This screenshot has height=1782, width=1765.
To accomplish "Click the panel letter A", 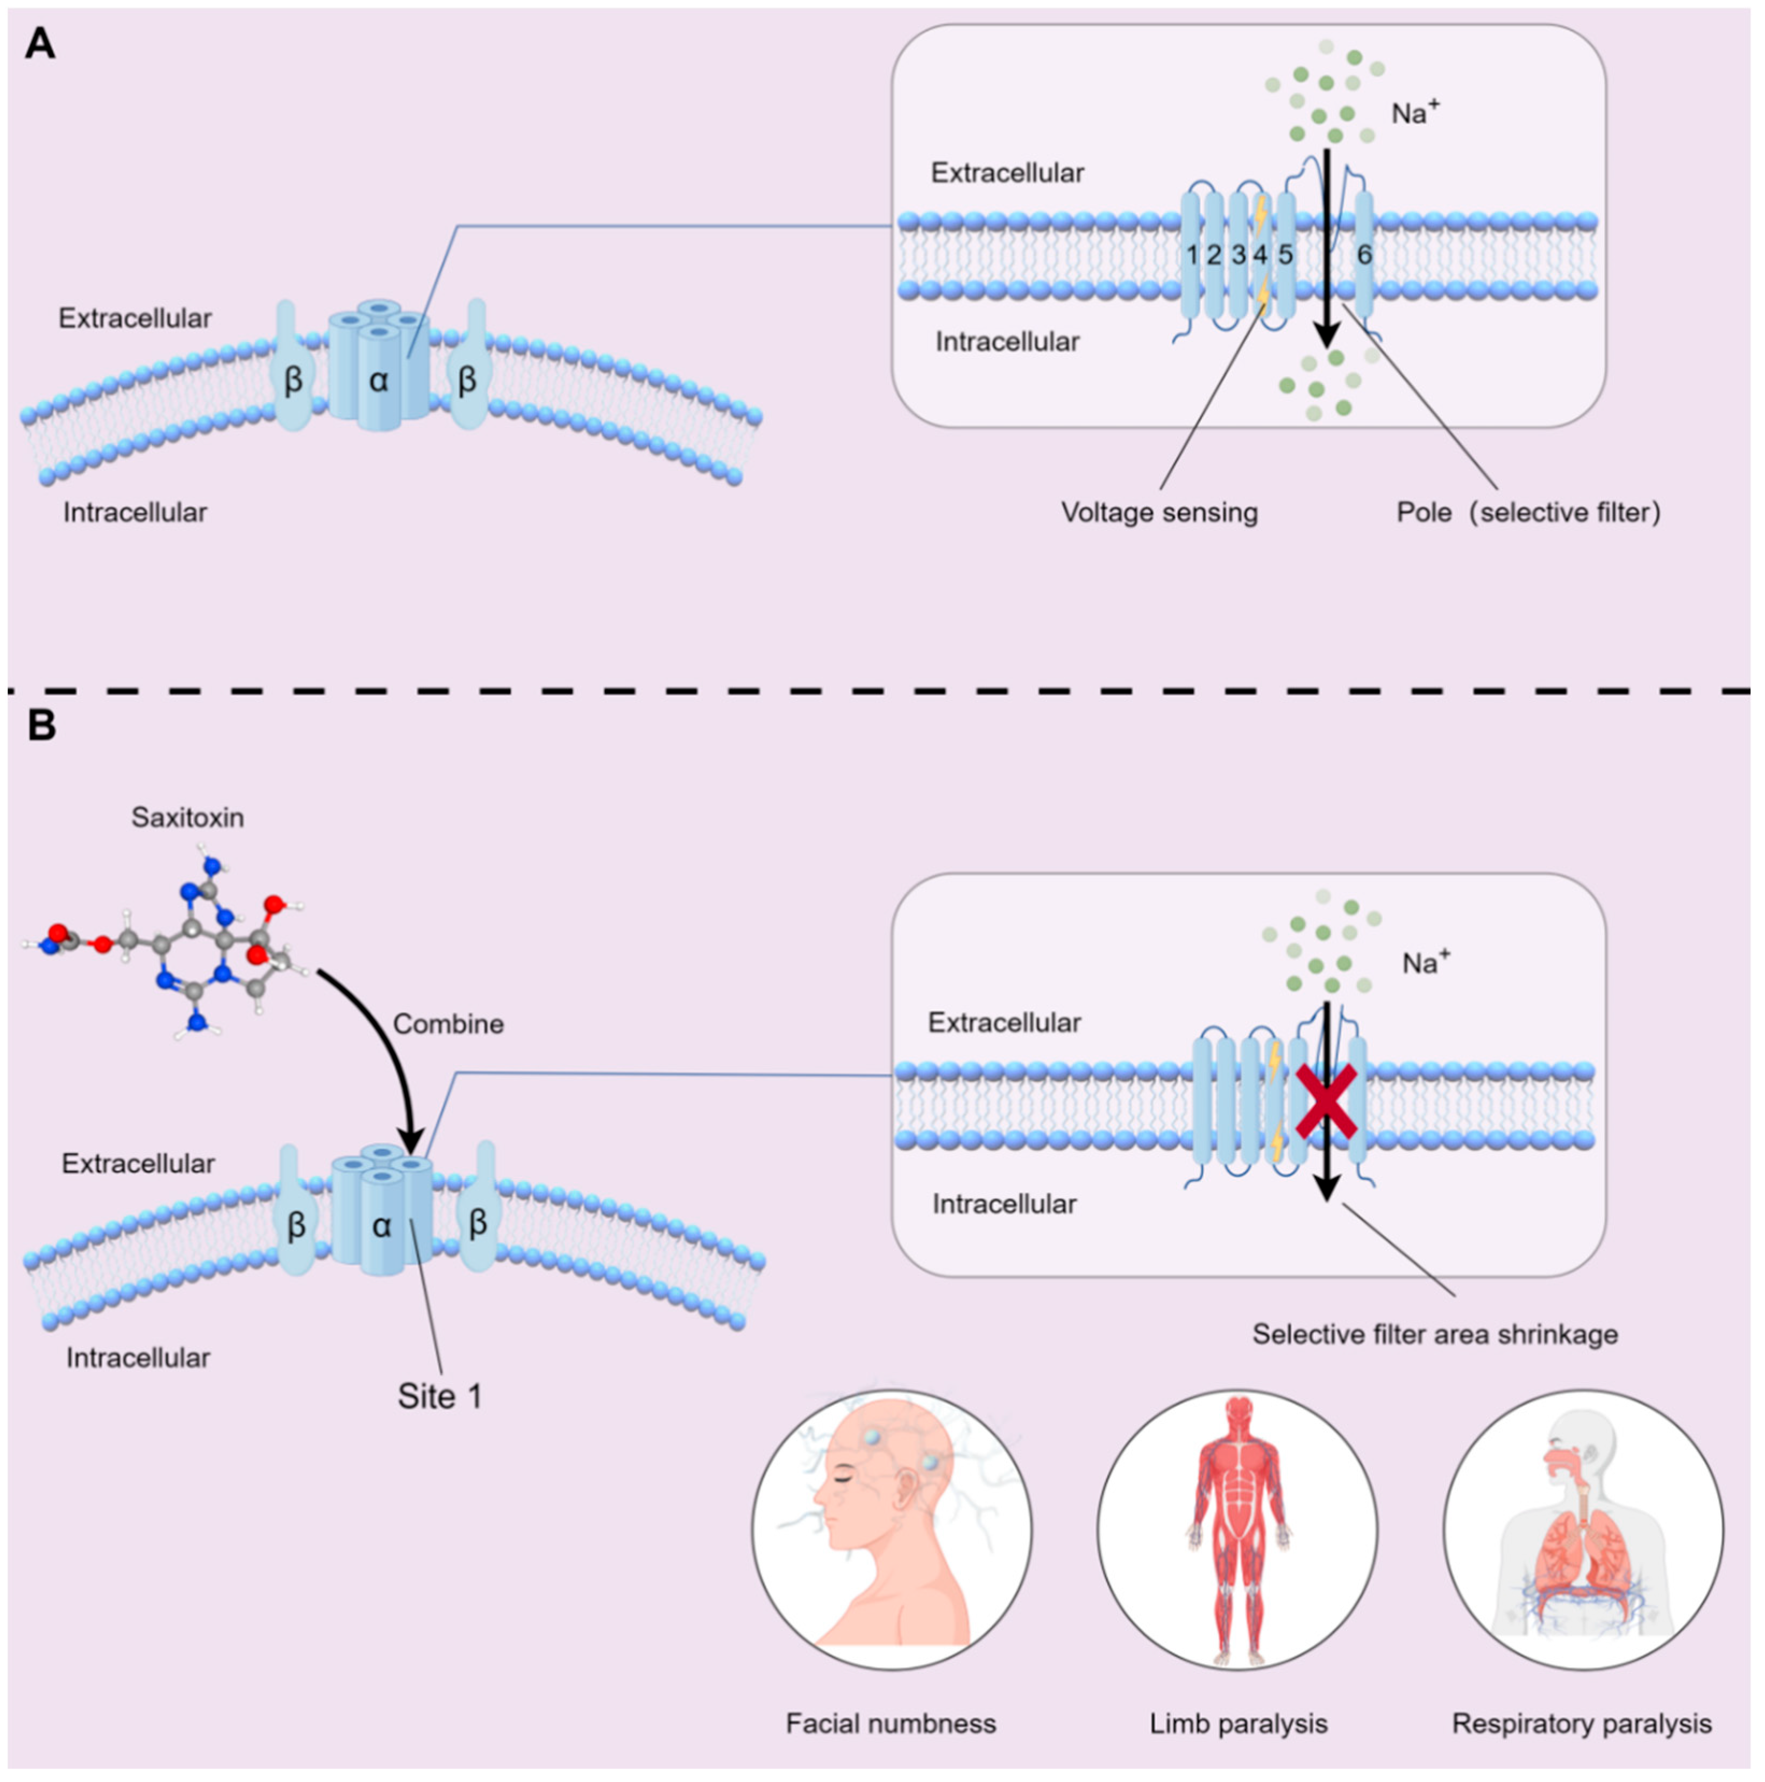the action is (x=40, y=44).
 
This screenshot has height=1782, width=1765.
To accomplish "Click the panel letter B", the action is (x=41, y=725).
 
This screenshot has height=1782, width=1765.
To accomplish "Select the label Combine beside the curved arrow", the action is (x=449, y=1024).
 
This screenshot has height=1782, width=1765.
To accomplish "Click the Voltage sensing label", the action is (x=1159, y=513).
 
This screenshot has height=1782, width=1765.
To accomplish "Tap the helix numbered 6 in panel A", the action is (x=1364, y=255).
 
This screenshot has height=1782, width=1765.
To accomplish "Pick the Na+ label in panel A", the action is (x=1416, y=112).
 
